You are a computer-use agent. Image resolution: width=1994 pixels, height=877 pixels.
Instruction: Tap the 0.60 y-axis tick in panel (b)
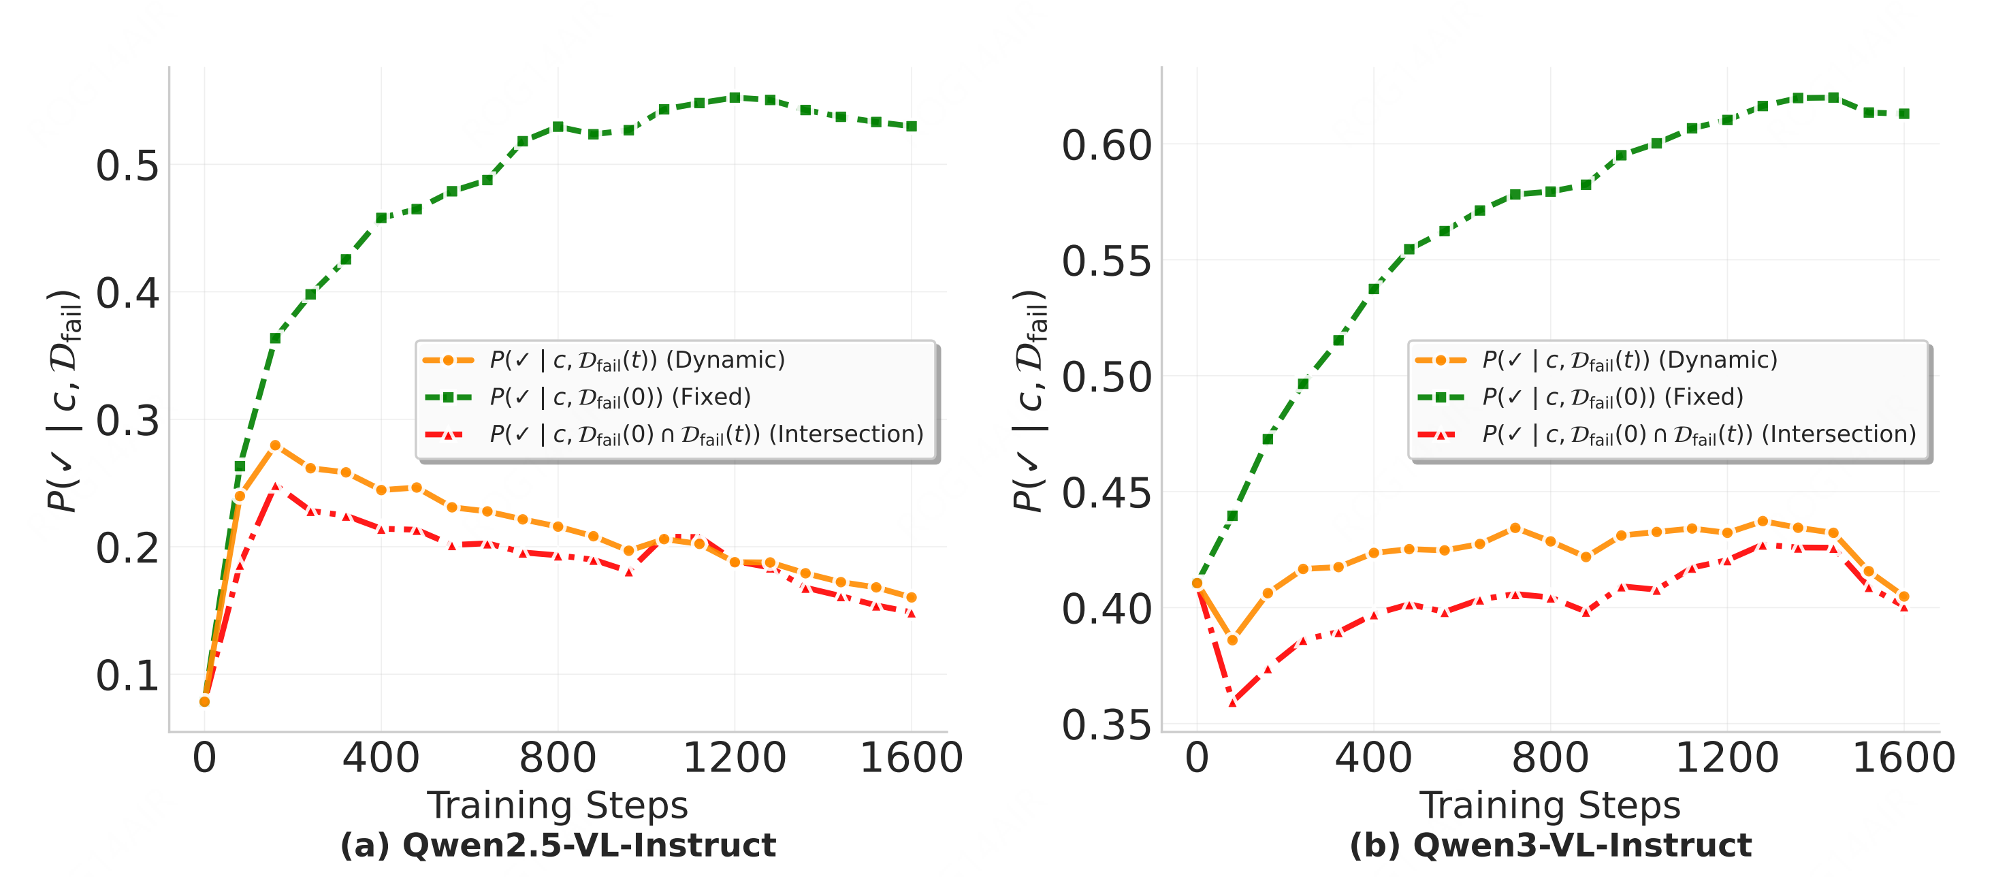(x=1106, y=146)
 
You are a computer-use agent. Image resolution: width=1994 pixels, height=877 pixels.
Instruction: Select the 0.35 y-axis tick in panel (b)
(x=1106, y=725)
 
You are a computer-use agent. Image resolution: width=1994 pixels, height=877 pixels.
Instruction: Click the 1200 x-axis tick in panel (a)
(x=734, y=758)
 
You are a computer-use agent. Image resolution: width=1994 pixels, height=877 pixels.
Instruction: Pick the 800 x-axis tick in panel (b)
(x=1549, y=758)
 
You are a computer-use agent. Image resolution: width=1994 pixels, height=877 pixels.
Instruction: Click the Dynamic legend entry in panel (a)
(x=637, y=360)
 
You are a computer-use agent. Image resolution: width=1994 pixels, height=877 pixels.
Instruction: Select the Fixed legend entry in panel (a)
(x=620, y=397)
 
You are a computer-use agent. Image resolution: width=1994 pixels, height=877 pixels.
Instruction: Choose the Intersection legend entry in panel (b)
(x=1699, y=434)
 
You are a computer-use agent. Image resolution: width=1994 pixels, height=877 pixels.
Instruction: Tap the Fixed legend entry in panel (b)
(x=1611, y=397)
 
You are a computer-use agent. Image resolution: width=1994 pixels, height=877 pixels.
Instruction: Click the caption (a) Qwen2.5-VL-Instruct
(x=558, y=845)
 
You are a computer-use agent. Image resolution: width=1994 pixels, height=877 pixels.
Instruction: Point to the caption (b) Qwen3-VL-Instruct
(x=1549, y=845)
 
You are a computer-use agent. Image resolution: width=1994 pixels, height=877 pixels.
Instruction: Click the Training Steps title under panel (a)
(x=558, y=806)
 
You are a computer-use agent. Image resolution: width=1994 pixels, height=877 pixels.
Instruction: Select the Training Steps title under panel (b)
(x=1549, y=806)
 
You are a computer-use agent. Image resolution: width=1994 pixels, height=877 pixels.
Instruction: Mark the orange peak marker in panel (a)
(x=275, y=446)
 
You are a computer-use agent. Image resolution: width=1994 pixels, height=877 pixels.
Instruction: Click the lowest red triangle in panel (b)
(x=1232, y=702)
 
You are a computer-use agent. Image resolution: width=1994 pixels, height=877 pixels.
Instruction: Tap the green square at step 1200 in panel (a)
(x=735, y=98)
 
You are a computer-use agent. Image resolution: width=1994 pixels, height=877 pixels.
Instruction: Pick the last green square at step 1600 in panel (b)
(x=1903, y=114)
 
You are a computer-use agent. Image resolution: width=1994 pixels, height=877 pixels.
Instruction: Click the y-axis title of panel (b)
(x=1029, y=400)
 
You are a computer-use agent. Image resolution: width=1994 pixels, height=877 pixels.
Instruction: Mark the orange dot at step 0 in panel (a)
(x=204, y=701)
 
